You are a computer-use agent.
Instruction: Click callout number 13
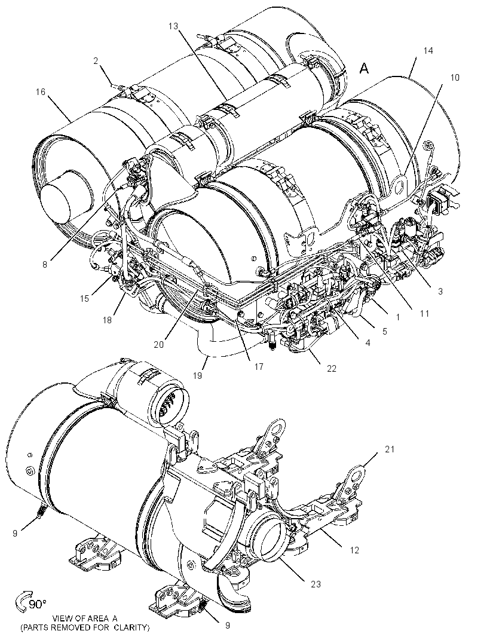pyautogui.click(x=173, y=26)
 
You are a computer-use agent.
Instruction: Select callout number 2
pyautogui.click(x=96, y=61)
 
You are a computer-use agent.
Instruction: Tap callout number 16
pyautogui.click(x=41, y=92)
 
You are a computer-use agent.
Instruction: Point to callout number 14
pyautogui.click(x=428, y=51)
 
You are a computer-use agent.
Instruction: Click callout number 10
pyautogui.click(x=455, y=77)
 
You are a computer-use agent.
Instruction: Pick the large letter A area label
pyautogui.click(x=365, y=69)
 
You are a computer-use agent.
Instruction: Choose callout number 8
pyautogui.click(x=45, y=265)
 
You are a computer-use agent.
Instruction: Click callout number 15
pyautogui.click(x=84, y=299)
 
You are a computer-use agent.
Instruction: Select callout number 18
pyautogui.click(x=107, y=320)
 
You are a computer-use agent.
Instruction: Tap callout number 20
pyautogui.click(x=158, y=344)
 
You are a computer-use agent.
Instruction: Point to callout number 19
pyautogui.click(x=197, y=376)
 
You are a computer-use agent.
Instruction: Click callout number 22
pyautogui.click(x=332, y=369)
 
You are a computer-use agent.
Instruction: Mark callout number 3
pyautogui.click(x=440, y=291)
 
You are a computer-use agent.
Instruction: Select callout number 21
pyautogui.click(x=390, y=449)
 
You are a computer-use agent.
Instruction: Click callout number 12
pyautogui.click(x=354, y=550)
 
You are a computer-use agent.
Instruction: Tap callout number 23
pyautogui.click(x=316, y=584)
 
